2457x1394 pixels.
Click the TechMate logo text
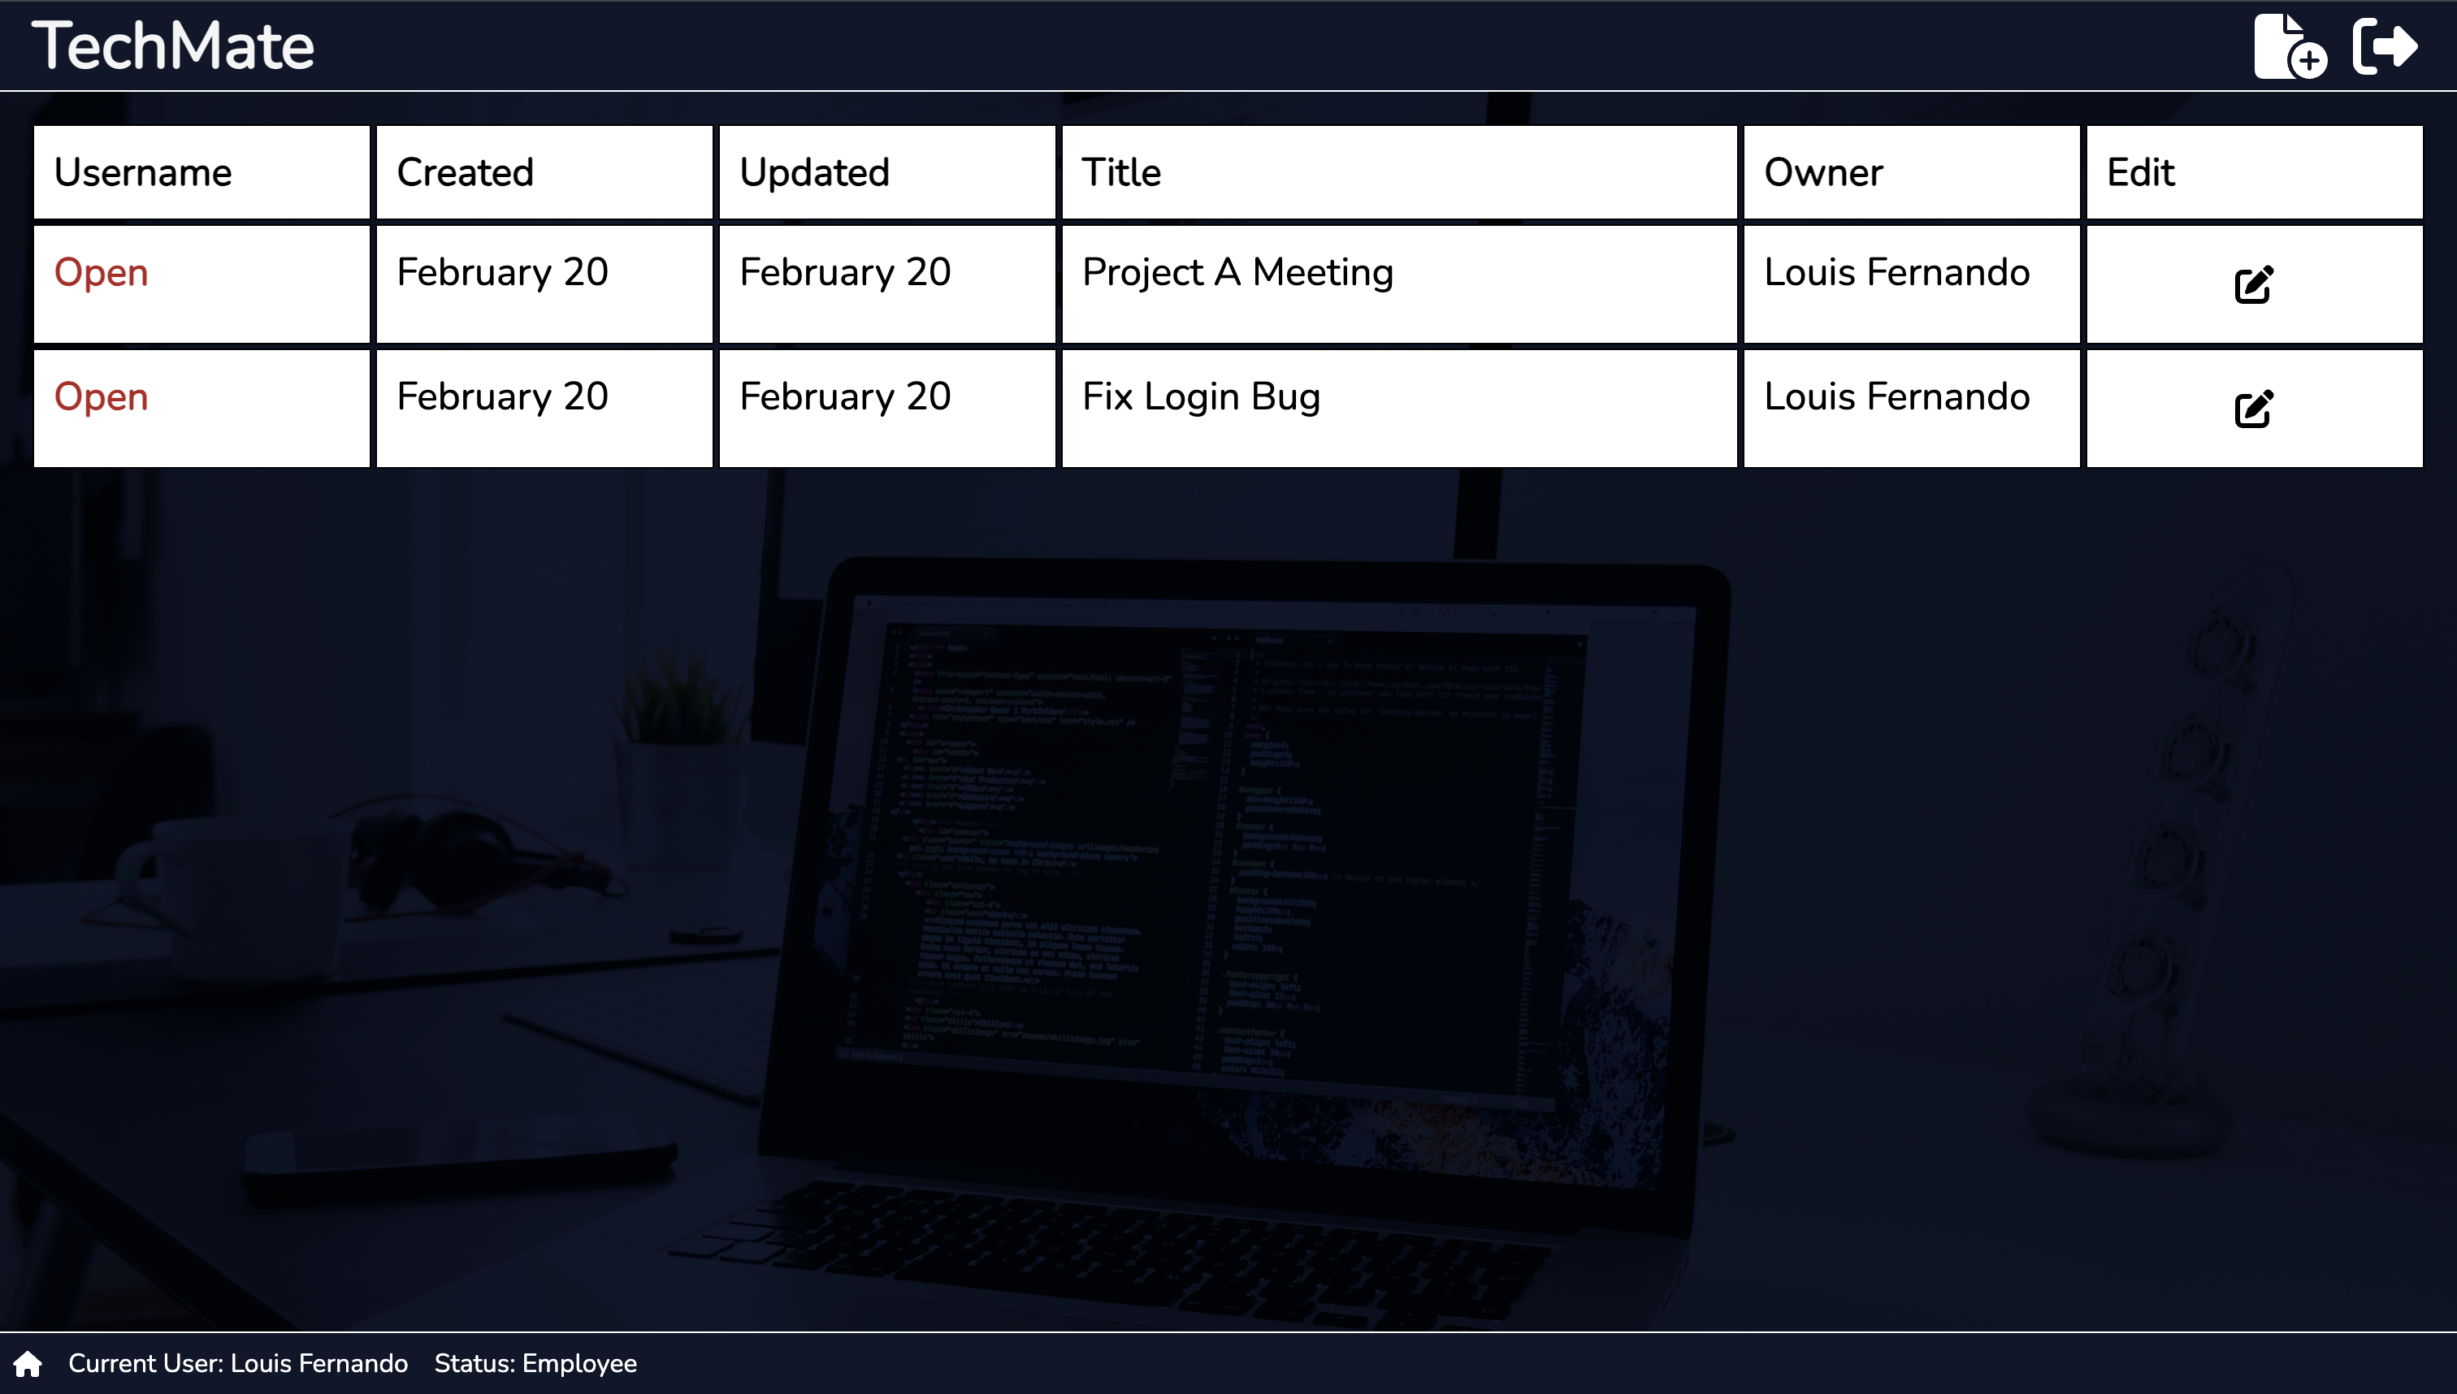[x=173, y=46]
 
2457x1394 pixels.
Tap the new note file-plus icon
[x=2290, y=46]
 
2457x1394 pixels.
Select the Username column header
[x=143, y=172]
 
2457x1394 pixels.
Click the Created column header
[x=465, y=172]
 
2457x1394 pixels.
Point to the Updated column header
[x=814, y=172]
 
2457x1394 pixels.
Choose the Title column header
[x=1121, y=172]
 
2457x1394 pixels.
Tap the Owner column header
[x=1823, y=172]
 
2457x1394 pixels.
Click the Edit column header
[x=2140, y=172]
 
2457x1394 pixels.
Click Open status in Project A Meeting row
[x=101, y=273]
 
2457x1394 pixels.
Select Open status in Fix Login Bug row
[x=101, y=397]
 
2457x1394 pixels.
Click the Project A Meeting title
[x=1237, y=273]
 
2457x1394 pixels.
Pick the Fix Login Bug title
[x=1201, y=397]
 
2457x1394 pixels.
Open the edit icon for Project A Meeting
[x=2253, y=284]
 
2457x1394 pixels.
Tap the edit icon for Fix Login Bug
[x=2253, y=409]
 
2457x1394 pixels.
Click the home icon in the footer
[x=28, y=1363]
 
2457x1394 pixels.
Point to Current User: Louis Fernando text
[x=237, y=1363]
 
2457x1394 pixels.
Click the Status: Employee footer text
[x=535, y=1363]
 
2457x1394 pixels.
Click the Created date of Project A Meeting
[x=503, y=273]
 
